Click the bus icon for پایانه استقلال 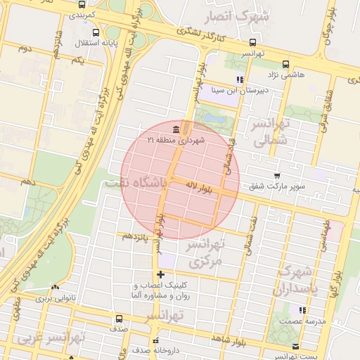(x=96, y=33)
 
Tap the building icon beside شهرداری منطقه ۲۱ (x=175, y=129)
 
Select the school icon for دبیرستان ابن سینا (x=240, y=80)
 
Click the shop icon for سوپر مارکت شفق (x=276, y=176)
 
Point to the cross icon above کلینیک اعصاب (x=161, y=274)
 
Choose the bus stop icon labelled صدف (x=118, y=319)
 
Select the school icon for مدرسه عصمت (x=302, y=309)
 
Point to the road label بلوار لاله (x=200, y=187)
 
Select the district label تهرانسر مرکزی (x=206, y=254)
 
